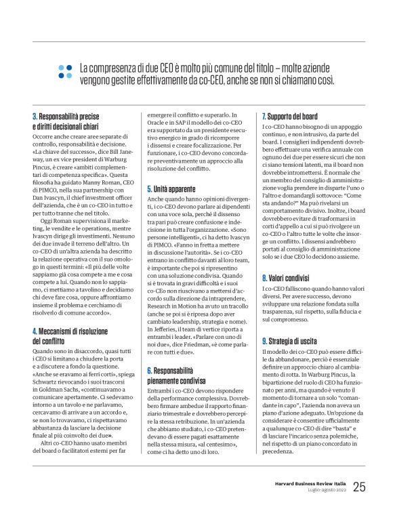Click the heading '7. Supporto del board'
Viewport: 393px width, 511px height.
295,117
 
